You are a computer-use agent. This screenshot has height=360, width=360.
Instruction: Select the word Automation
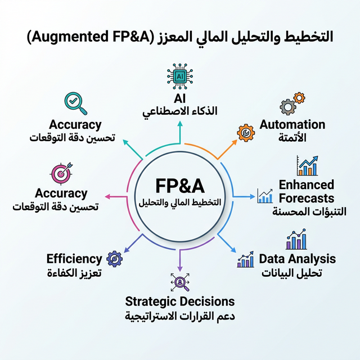(292, 124)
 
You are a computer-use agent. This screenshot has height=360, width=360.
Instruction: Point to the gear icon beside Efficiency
(115, 259)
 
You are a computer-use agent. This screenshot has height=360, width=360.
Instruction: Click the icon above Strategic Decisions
(180, 281)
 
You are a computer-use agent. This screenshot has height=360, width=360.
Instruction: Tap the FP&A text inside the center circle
(180, 186)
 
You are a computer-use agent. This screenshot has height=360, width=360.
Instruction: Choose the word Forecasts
(307, 198)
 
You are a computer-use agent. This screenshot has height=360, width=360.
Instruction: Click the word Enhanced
(307, 184)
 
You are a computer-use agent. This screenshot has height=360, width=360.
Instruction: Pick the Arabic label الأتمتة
(292, 138)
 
